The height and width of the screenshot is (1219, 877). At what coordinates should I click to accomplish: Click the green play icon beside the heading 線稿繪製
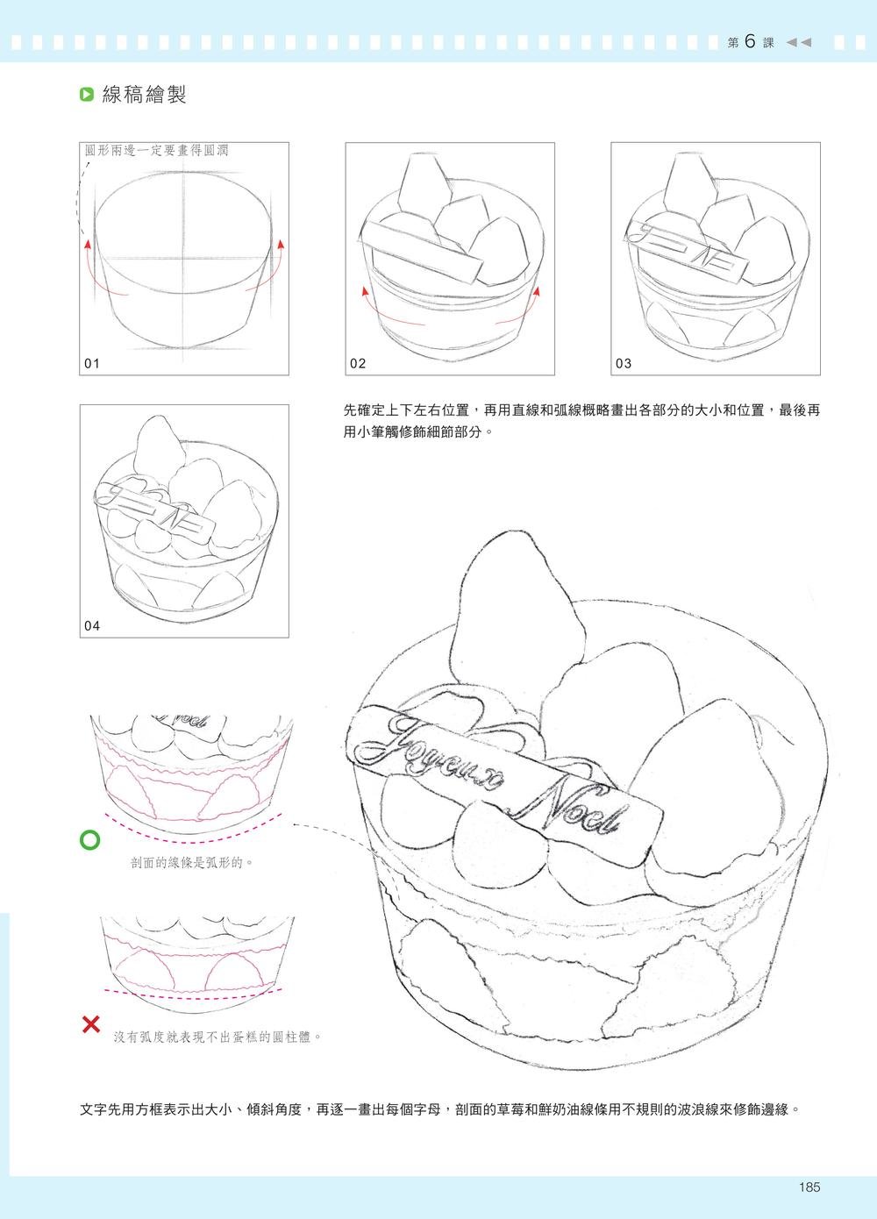tap(86, 95)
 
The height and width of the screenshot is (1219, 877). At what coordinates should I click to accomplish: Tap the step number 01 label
tap(93, 363)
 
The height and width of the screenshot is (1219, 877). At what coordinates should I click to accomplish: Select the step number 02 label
tap(358, 363)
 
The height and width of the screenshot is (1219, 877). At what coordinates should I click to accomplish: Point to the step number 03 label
tap(624, 363)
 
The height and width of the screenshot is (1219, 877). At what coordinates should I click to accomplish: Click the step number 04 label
tap(93, 625)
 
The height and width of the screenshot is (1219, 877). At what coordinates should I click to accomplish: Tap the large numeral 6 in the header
tap(751, 42)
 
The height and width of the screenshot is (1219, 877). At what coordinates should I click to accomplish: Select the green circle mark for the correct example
tap(89, 840)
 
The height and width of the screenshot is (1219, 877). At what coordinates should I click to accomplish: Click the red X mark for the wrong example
tap(89, 1023)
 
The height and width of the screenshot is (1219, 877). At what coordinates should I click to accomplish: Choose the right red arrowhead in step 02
tap(536, 290)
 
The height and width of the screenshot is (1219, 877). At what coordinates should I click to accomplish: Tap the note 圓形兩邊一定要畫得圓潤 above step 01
tap(156, 151)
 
